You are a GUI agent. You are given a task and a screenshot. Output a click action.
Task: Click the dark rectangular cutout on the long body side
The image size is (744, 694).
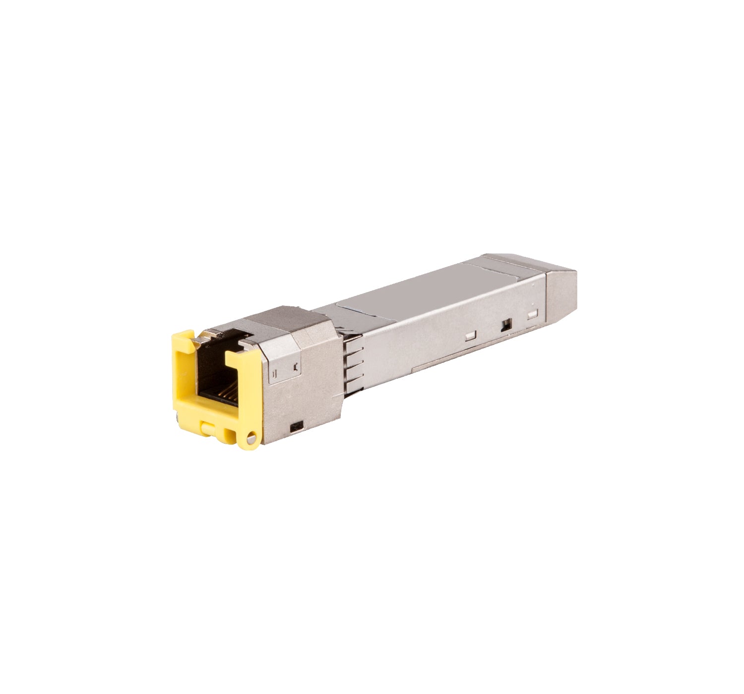point(505,325)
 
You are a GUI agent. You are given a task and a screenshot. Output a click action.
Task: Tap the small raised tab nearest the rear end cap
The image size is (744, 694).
point(533,314)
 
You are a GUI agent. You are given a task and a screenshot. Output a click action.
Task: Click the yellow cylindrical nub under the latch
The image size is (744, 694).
point(207,426)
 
